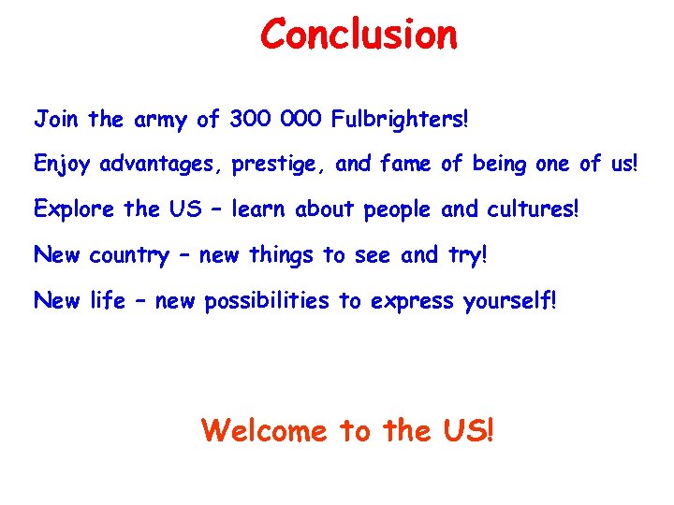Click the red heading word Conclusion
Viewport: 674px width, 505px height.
359,35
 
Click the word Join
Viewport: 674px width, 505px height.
56,120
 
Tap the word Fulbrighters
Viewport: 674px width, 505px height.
398,120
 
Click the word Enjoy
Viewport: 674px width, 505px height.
63,166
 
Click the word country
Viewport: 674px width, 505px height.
129,255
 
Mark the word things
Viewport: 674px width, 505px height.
278,255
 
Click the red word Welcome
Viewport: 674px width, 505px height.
265,431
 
